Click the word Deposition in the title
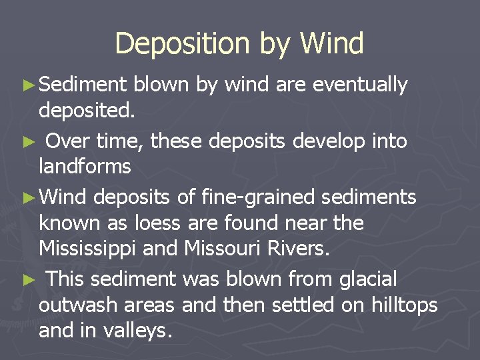182,44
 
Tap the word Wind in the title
331,44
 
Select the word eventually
360,85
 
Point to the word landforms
85,166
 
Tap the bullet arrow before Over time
27,142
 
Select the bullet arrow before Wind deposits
27,198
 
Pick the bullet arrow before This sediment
27,279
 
